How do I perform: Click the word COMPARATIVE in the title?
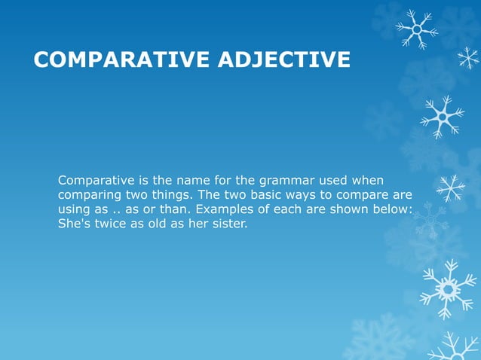click(121, 59)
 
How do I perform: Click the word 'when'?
click(368, 181)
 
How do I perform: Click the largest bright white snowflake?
click(448, 288)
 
